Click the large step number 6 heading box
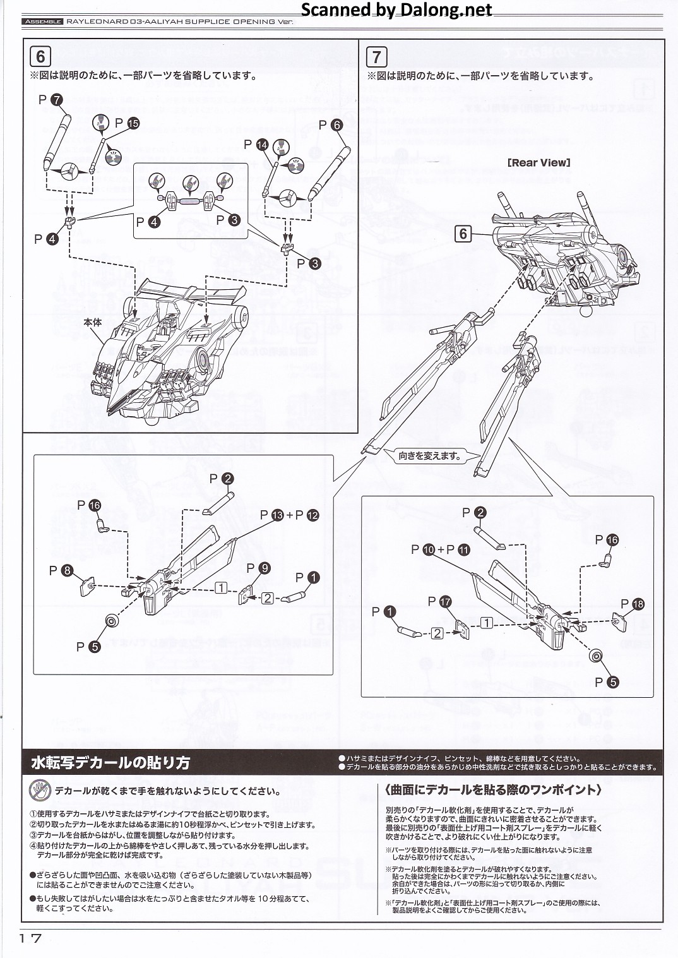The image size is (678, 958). tap(40, 57)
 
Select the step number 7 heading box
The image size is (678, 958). tap(376, 57)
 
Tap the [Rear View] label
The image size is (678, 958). tap(538, 162)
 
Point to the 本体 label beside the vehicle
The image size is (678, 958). tap(92, 322)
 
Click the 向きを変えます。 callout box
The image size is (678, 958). tap(430, 455)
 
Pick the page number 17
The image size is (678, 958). tap(30, 938)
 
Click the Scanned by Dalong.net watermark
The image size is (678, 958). tap(396, 9)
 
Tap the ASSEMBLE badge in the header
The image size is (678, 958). tap(43, 21)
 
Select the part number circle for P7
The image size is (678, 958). tap(56, 99)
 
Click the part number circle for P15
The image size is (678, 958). tap(133, 123)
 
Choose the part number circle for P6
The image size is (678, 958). tap(336, 125)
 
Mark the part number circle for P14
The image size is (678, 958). tap(262, 145)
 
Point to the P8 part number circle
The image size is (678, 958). tap(67, 571)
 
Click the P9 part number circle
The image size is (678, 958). tap(265, 568)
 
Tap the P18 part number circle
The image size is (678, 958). tap(638, 604)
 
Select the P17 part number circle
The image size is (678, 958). tap(445, 602)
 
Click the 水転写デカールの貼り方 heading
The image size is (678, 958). tap(110, 763)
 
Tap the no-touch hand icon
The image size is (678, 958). tap(40, 791)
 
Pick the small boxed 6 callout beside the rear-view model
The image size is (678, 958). tap(463, 234)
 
